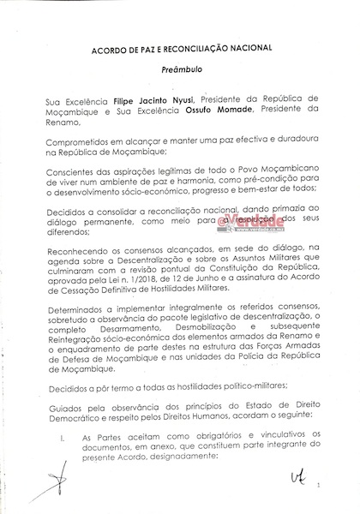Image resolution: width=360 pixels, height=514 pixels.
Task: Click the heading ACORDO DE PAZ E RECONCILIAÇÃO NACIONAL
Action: [x=179, y=50]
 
